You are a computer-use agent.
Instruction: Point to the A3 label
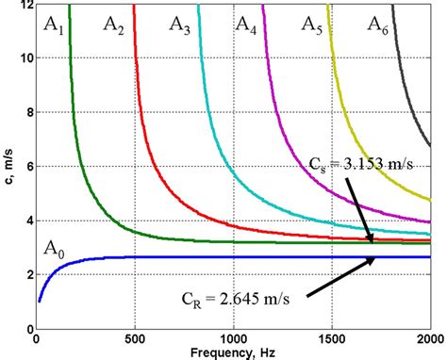pyautogui.click(x=179, y=28)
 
